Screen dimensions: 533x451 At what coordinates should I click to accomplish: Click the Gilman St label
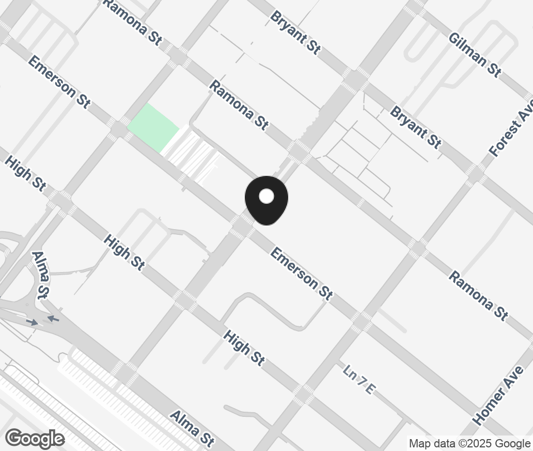pos(475,54)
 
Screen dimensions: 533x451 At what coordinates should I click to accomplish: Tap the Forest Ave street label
pos(511,132)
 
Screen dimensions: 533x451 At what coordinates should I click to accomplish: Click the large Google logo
pos(35,439)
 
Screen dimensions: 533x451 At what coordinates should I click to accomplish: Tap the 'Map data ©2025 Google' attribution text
pos(469,443)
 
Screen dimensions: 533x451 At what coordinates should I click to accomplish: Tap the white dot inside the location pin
pos(266,196)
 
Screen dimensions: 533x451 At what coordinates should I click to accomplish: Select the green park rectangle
pos(153,127)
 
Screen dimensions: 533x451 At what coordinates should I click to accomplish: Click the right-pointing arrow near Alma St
pos(32,322)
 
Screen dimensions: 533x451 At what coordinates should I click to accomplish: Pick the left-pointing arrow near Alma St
pos(53,319)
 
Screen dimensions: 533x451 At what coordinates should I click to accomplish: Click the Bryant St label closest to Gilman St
pos(416,127)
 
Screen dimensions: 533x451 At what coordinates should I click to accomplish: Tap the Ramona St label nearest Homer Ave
pos(478,295)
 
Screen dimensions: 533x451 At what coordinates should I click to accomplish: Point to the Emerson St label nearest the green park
pos(59,82)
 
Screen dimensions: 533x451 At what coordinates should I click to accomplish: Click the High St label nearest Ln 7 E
pos(244,349)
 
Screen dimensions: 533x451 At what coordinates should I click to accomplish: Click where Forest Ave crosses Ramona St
pos(418,248)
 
